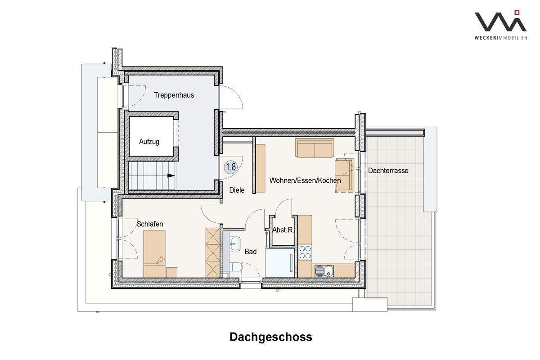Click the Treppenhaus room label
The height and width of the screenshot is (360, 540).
(174, 95)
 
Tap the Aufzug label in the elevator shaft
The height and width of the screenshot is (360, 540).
(149, 141)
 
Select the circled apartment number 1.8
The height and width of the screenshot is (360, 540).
(231, 167)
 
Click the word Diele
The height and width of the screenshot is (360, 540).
(237, 190)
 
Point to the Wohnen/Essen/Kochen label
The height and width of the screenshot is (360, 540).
(305, 180)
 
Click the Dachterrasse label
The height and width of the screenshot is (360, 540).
(388, 171)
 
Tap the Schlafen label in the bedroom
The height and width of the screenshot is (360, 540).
(150, 224)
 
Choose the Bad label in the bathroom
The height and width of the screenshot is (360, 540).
(251, 252)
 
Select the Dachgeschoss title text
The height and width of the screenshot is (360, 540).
(270, 337)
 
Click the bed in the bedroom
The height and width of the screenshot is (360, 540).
(154, 253)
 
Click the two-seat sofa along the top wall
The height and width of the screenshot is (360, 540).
(315, 148)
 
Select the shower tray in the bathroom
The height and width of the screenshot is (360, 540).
(279, 263)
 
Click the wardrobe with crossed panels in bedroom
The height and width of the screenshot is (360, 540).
(212, 252)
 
